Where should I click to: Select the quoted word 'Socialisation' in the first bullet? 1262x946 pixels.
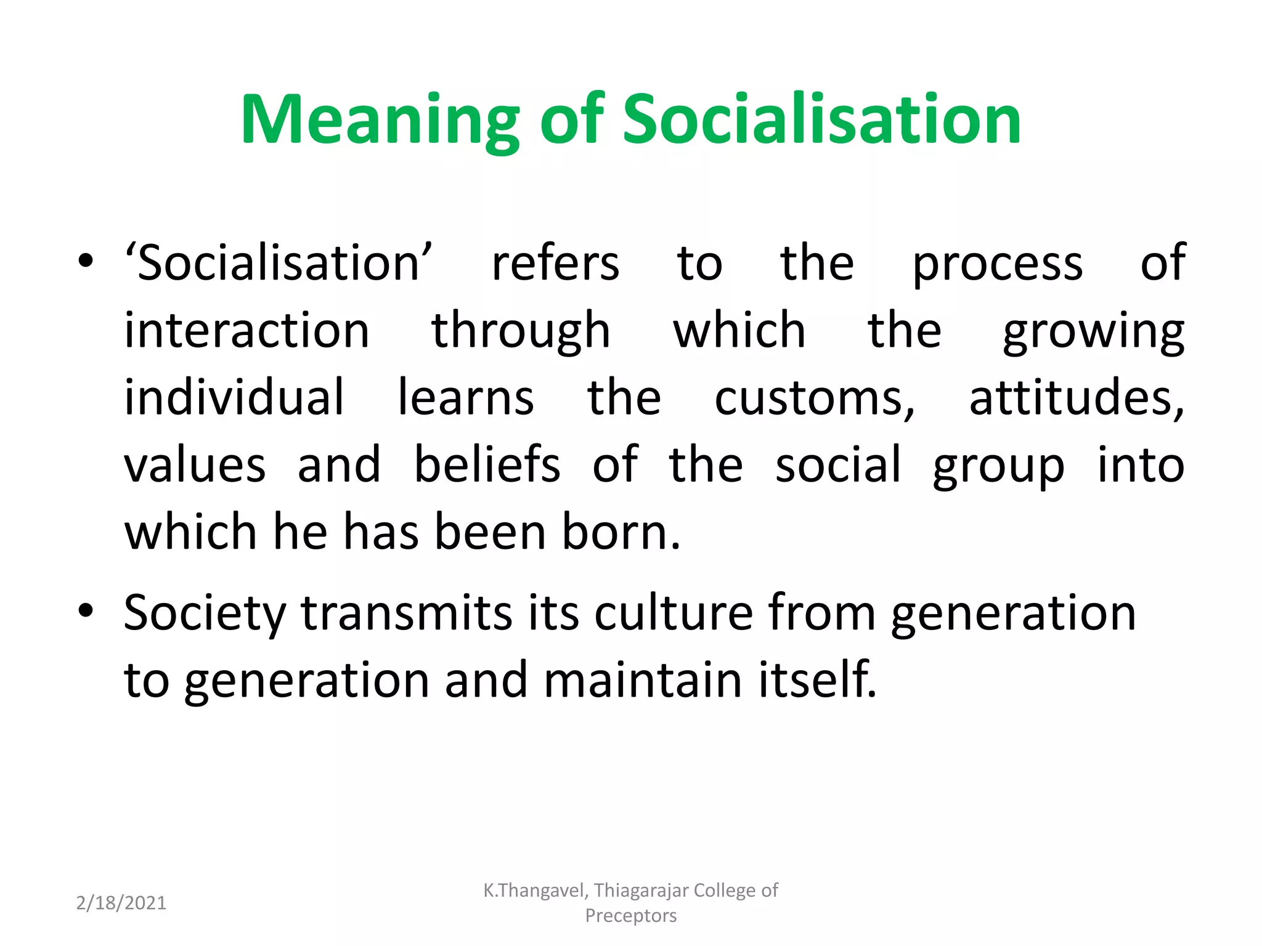tap(279, 263)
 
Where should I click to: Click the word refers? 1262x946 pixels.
tap(555, 264)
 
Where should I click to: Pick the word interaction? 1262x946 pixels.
tap(246, 331)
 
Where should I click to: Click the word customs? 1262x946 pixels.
tap(814, 399)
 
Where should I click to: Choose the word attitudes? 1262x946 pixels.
tap(1076, 398)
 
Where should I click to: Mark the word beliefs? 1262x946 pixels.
tap(487, 464)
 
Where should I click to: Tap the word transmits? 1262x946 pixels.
tap(407, 613)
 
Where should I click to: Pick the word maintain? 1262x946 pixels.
tap(643, 680)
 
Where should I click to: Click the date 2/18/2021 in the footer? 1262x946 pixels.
tap(121, 903)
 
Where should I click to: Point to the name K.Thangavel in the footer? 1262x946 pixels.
tap(535, 891)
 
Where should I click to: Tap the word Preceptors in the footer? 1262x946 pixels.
tap(630, 916)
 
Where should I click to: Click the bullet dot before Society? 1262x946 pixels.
tap(86, 610)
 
